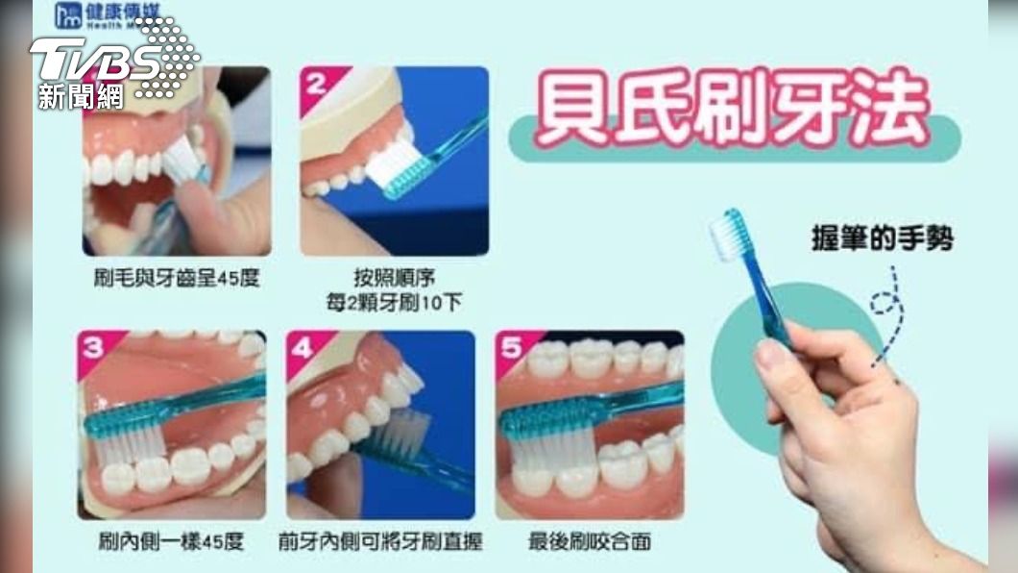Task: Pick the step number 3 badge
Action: (93, 348)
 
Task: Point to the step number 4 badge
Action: (302, 348)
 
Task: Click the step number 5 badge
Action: (512, 348)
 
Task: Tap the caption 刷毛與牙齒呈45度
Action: (177, 278)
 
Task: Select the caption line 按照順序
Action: (394, 278)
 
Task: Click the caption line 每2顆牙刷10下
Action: (394, 302)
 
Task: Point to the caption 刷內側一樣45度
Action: (171, 541)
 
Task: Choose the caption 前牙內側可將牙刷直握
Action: (379, 541)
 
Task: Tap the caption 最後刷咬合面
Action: (590, 541)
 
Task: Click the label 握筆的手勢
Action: (883, 238)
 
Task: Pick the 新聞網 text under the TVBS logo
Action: (81, 97)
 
